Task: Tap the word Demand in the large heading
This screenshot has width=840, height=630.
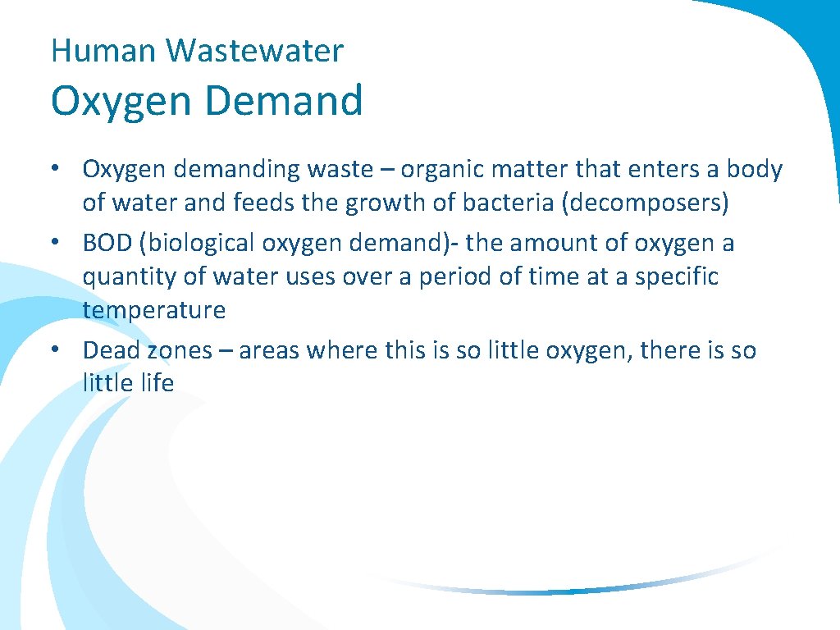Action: [x=285, y=102]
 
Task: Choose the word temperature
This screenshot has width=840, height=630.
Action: [x=153, y=310]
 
